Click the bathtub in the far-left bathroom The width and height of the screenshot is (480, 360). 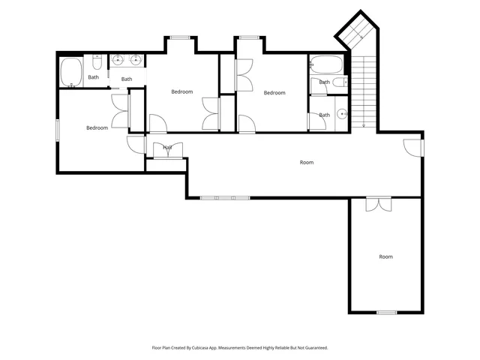pos(71,73)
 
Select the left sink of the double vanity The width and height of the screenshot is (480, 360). pos(118,61)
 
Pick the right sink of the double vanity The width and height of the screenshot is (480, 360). pos(136,61)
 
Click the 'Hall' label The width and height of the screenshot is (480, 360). pos(167,148)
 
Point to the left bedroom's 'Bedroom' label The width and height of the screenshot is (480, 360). pos(97,127)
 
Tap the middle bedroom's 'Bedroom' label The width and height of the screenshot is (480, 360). pos(181,91)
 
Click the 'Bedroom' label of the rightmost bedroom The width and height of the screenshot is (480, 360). pos(274,92)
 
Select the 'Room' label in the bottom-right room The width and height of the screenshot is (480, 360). pos(385,256)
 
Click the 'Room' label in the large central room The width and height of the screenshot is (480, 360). pos(307,162)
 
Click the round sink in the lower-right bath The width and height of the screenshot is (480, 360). pos(343,114)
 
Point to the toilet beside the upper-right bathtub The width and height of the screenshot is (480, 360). pos(339,82)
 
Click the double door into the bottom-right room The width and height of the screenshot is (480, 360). pos(379,202)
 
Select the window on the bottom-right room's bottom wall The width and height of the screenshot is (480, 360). pos(386,312)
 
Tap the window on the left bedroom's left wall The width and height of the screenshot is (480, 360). pos(57,129)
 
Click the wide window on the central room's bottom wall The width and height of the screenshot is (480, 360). pos(225,197)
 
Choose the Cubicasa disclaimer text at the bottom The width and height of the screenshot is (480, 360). pos(240,347)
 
